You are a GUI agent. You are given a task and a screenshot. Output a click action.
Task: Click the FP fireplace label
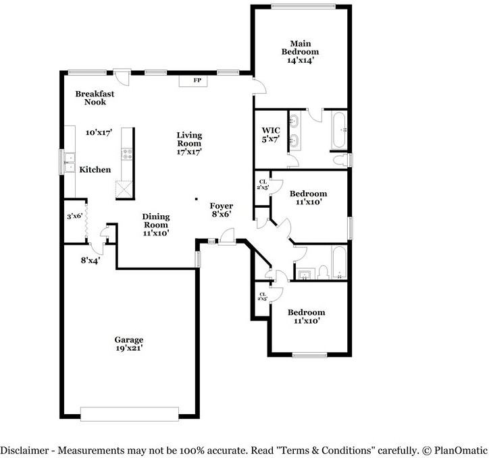[198, 81]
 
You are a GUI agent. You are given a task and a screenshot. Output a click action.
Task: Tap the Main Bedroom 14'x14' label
[301, 51]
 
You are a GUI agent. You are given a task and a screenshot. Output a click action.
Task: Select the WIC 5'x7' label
[270, 135]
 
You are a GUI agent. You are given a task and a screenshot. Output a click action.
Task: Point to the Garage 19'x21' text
[128, 344]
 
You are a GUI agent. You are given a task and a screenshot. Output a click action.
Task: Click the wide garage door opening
[129, 413]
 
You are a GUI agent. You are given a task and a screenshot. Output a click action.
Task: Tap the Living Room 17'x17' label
[189, 143]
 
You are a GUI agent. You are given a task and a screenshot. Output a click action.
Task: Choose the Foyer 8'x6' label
[221, 210]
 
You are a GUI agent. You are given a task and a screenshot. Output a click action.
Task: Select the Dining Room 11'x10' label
[155, 225]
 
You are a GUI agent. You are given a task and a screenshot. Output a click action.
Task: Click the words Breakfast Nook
[95, 98]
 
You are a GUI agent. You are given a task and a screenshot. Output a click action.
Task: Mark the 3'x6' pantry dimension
[74, 217]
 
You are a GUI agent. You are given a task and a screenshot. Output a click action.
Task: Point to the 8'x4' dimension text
[91, 260]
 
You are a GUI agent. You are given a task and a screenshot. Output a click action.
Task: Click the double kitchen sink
[70, 163]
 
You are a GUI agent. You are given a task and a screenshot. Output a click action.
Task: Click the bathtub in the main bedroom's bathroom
[338, 130]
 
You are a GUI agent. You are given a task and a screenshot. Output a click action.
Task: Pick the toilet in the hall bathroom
[324, 271]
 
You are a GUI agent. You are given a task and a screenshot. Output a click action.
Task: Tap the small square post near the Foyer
[196, 199]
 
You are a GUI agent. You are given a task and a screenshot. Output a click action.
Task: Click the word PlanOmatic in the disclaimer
[459, 450]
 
